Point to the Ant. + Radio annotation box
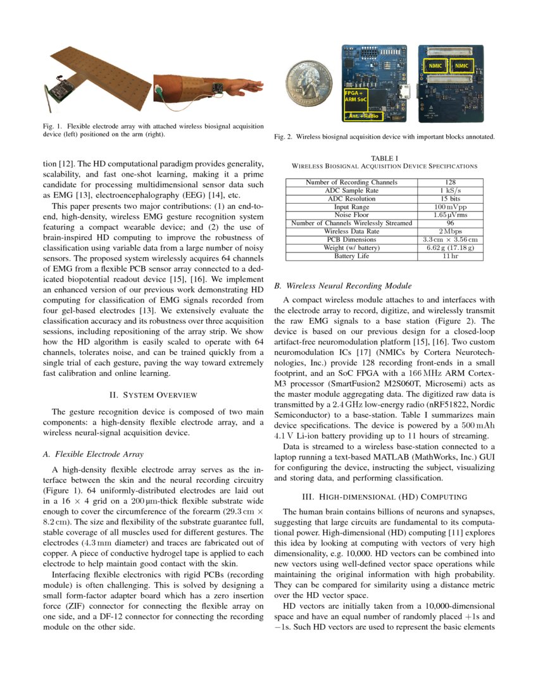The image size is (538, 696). point(363,116)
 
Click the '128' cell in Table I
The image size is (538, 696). point(451,182)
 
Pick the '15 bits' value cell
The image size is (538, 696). point(451,199)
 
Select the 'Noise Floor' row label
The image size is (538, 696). point(351,215)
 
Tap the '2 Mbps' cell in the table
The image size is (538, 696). point(451,232)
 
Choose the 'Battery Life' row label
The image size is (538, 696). point(351,256)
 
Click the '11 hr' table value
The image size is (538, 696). point(451,256)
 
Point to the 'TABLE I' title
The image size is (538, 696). point(384,158)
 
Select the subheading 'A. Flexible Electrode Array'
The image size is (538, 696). point(94,454)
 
